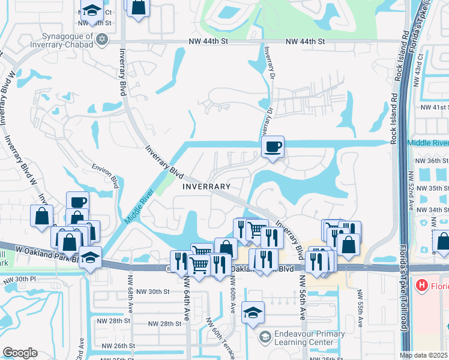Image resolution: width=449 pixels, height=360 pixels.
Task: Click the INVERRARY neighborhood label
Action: point(206,187)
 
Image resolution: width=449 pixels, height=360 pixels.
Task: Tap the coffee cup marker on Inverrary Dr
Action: point(273,147)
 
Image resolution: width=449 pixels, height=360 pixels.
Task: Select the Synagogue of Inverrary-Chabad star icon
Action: point(102,39)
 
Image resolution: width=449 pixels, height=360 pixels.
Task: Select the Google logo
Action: point(20,353)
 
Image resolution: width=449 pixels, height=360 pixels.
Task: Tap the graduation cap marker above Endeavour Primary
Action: point(253,312)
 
